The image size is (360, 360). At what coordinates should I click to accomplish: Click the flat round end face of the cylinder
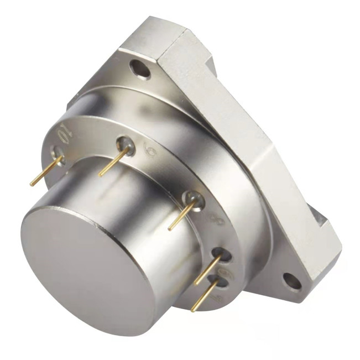point(83,260)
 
